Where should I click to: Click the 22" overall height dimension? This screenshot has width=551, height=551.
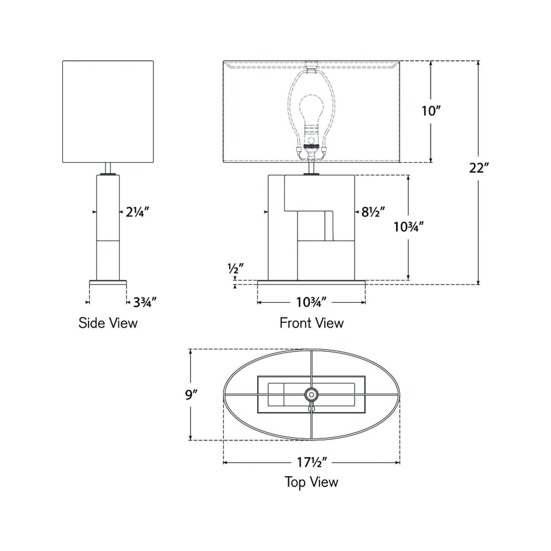click(x=478, y=167)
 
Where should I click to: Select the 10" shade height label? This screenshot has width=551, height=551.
click(x=431, y=111)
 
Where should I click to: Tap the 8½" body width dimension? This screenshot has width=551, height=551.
click(x=373, y=212)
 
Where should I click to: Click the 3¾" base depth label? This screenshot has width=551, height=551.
click(x=145, y=302)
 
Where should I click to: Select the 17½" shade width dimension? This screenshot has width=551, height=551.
click(x=312, y=462)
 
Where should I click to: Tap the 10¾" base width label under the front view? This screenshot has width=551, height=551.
click(x=312, y=302)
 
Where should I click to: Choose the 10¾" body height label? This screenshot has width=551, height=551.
click(x=408, y=227)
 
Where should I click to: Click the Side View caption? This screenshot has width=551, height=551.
click(x=108, y=323)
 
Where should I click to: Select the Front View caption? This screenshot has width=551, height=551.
click(x=312, y=323)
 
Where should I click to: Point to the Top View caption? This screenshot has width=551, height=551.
click(x=312, y=482)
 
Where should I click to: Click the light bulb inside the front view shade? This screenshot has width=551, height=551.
click(x=312, y=111)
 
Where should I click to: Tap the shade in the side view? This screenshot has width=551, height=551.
click(x=108, y=111)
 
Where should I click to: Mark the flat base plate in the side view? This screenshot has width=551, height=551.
click(x=108, y=283)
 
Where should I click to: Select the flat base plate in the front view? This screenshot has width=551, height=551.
click(x=312, y=283)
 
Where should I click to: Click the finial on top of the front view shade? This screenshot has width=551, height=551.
click(x=312, y=62)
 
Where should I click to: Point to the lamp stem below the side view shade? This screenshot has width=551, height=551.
click(x=108, y=168)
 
